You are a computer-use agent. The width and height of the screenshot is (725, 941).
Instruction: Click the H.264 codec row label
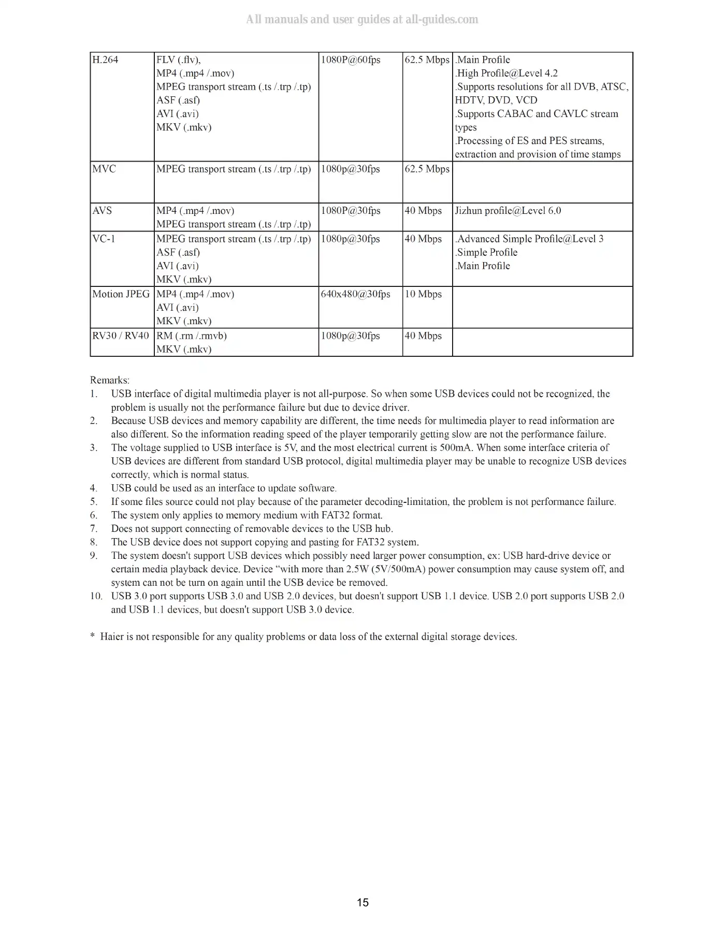[x=105, y=60]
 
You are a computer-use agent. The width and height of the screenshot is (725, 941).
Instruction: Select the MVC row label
[x=104, y=169]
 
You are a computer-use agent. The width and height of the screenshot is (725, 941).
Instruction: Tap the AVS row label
[x=102, y=211]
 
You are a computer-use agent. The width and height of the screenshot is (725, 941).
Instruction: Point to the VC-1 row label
[x=104, y=239]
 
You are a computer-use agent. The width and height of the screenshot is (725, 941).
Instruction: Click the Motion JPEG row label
[x=121, y=294]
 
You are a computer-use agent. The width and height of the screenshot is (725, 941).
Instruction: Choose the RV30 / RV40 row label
[x=121, y=336]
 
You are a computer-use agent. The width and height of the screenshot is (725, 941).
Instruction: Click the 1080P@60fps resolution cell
[x=351, y=60]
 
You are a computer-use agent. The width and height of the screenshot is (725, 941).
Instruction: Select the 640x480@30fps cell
[x=356, y=294]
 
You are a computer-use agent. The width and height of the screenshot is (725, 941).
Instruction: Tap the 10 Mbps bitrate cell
[x=423, y=294]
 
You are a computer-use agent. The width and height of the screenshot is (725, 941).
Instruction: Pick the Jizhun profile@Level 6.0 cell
[x=508, y=211]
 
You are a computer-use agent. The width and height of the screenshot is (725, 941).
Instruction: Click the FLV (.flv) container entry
[x=178, y=60]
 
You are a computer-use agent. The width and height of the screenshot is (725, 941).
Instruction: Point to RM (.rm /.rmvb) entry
[x=192, y=336]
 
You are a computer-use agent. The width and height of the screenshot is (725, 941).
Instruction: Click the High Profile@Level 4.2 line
[x=506, y=74]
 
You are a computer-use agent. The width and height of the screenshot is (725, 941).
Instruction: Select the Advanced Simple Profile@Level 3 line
[x=529, y=239]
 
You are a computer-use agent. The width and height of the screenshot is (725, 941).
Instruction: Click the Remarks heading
[x=110, y=380]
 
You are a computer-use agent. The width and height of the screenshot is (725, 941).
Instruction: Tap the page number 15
[x=363, y=903]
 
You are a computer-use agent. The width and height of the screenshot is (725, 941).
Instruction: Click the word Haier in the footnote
[x=113, y=636]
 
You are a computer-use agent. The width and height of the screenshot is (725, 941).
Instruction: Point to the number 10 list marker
[x=96, y=596]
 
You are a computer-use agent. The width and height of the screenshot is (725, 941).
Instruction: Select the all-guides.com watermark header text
[x=362, y=20]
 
